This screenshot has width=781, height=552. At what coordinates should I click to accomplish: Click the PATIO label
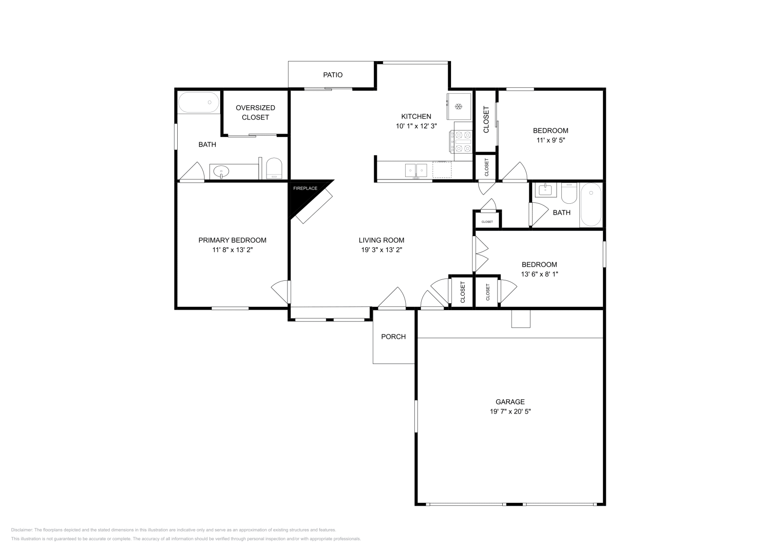tap(332, 75)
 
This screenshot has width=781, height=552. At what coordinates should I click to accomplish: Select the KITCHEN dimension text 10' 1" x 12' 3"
tap(416, 126)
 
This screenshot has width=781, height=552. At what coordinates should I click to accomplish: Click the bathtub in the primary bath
tap(198, 102)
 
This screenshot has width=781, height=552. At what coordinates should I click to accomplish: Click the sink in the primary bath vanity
tap(222, 171)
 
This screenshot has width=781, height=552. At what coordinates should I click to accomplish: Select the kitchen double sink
tap(415, 170)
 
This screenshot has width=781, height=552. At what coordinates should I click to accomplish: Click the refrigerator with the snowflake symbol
tap(459, 106)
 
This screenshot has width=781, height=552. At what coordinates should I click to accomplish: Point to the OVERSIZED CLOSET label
tap(255, 112)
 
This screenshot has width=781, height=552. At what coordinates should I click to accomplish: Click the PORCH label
tap(393, 336)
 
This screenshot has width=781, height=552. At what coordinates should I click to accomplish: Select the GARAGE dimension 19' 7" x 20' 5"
tap(510, 411)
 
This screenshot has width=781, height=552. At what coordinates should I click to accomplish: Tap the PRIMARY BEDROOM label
tap(232, 240)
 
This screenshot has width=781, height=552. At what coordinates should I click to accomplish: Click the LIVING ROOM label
tap(381, 240)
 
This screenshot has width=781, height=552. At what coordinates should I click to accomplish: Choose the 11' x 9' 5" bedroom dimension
tap(550, 140)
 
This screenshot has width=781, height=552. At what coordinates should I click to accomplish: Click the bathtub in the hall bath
tap(591, 205)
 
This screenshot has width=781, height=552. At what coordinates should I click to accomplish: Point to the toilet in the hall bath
tap(568, 194)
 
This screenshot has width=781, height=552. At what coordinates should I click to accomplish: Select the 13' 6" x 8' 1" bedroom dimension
tap(539, 274)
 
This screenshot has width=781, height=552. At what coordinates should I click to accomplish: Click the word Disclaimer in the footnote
tap(21, 530)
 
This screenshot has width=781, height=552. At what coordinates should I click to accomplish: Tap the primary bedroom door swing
tap(281, 292)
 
